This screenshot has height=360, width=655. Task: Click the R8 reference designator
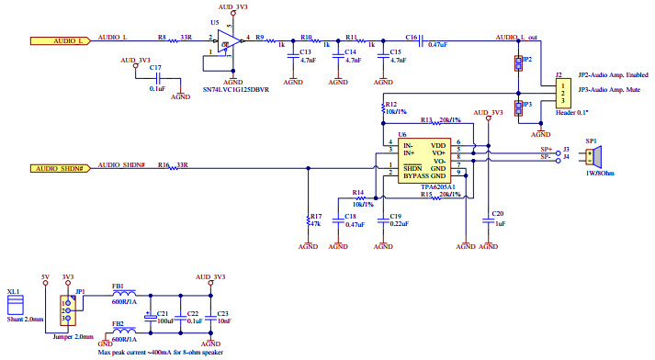click(x=162, y=38)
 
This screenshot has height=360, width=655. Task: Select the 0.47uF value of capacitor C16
click(x=438, y=44)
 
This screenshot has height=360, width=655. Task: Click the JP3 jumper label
click(x=527, y=105)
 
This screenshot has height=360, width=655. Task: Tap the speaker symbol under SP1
click(x=593, y=153)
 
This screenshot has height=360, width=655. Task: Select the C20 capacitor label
click(x=498, y=213)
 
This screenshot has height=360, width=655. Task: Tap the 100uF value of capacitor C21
click(x=166, y=322)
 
